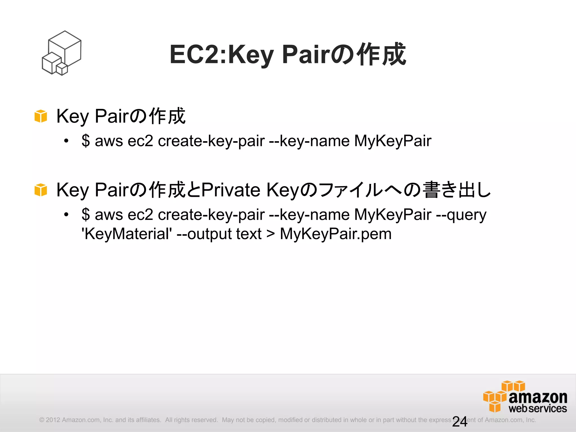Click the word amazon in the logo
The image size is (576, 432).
538,397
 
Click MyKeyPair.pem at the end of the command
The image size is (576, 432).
336,234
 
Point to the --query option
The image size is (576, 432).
461,215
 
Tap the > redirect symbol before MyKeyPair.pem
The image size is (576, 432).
271,234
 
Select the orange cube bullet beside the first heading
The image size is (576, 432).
41,116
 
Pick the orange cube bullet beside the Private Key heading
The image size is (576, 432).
41,190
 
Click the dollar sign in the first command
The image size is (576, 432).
86,141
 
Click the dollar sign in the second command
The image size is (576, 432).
86,215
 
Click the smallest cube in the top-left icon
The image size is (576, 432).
62,69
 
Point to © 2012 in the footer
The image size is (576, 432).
49,420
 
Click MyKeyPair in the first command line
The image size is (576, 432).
393,141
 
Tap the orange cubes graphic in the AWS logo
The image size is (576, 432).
498,395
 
